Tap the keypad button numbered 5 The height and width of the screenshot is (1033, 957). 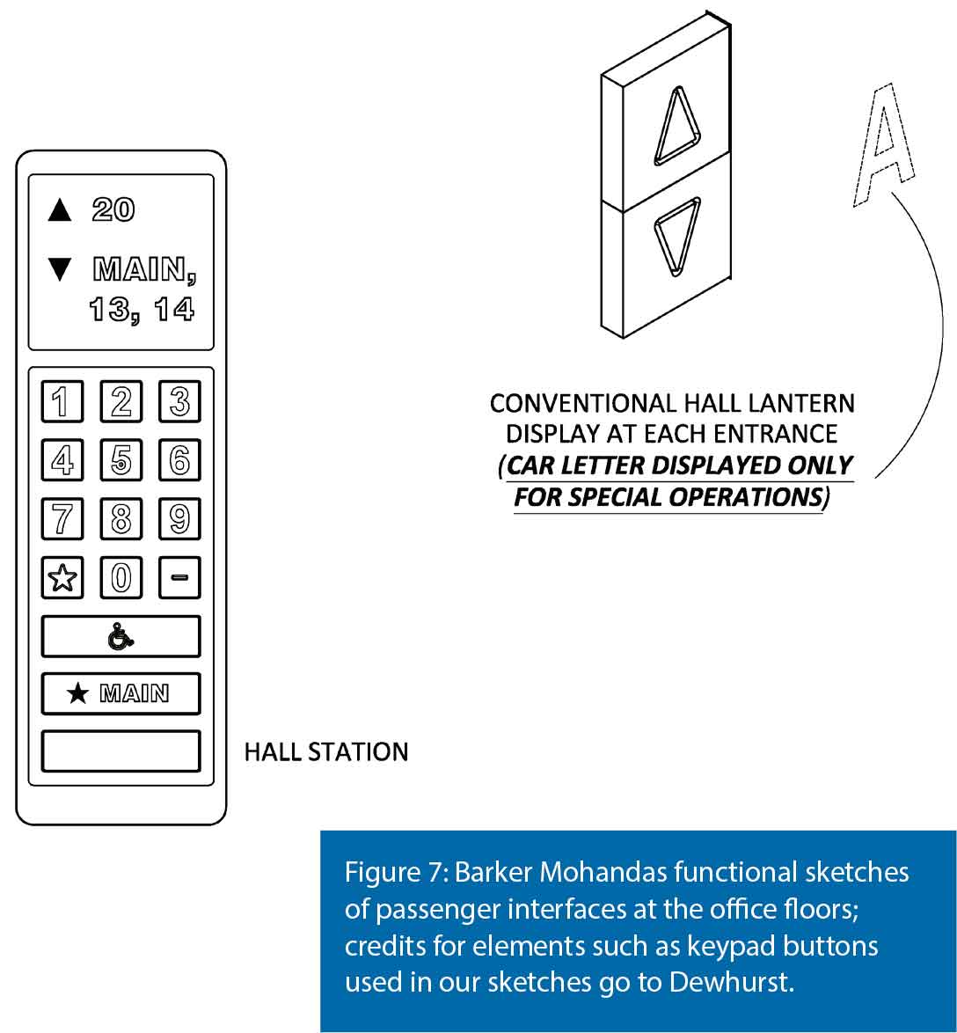pyautogui.click(x=121, y=459)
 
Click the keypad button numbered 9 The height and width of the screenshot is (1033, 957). pyautogui.click(x=179, y=518)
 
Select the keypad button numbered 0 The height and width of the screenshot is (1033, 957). pyautogui.click(x=121, y=577)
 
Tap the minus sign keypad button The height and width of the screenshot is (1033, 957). pyautogui.click(x=179, y=577)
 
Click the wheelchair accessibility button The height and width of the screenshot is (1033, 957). pyautogui.click(x=121, y=636)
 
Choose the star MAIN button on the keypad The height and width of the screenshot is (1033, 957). pyautogui.click(x=121, y=693)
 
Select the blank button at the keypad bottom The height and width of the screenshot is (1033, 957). pyautogui.click(x=121, y=751)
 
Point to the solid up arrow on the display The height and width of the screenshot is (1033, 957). pyautogui.click(x=59, y=209)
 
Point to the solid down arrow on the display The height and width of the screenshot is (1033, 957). pyautogui.click(x=59, y=269)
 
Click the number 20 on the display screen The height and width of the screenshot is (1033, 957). pyautogui.click(x=113, y=209)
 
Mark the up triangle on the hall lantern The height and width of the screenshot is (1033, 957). pyautogui.click(x=676, y=127)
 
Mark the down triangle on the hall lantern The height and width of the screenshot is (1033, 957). pyautogui.click(x=676, y=233)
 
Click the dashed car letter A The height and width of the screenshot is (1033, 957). pyautogui.click(x=882, y=145)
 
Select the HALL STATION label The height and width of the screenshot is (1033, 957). pyautogui.click(x=325, y=752)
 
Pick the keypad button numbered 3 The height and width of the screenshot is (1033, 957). pyautogui.click(x=179, y=401)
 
